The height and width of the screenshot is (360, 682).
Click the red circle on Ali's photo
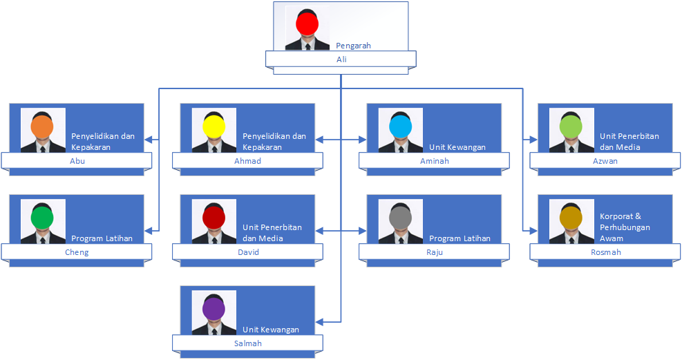tap(307, 25)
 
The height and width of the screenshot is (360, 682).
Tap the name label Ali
tap(341, 59)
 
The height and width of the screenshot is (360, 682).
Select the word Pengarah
tap(353, 46)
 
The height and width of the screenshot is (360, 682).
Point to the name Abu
tap(77, 161)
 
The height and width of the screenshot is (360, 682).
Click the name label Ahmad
tap(247, 161)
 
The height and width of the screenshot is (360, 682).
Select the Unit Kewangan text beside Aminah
tap(457, 147)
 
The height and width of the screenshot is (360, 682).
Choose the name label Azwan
tap(605, 161)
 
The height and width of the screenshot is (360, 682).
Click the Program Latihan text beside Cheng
tap(102, 238)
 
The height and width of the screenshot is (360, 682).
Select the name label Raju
tap(434, 252)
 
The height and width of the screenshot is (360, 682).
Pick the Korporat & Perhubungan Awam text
tap(625, 227)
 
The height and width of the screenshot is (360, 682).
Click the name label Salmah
tap(247, 343)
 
